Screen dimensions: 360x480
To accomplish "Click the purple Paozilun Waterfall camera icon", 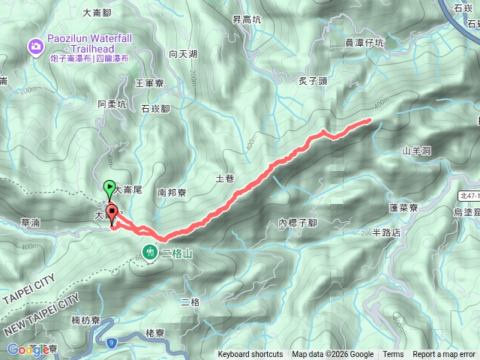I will click(35, 48).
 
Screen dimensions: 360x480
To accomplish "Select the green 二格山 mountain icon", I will click(150, 253).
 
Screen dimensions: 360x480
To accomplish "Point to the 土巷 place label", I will click(225, 178).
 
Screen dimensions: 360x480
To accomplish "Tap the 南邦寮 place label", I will click(172, 192).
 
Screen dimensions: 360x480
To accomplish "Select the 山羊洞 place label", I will click(416, 151).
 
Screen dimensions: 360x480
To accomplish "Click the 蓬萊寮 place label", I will click(409, 206).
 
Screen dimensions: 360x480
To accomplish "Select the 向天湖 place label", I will click(184, 54).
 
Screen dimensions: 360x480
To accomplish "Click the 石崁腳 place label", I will click(156, 108).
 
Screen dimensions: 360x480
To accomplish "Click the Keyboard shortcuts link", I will click(250, 355).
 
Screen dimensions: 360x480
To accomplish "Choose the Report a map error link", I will click(445, 355).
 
